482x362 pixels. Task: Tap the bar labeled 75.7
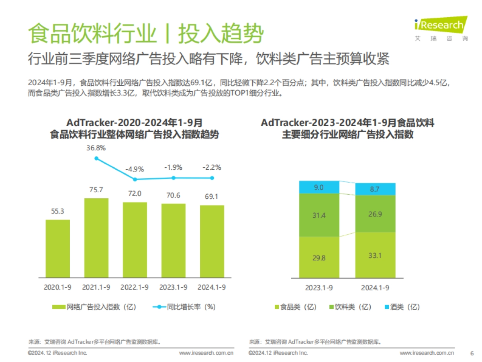point(96,237)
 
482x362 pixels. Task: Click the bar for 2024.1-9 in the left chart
point(212,241)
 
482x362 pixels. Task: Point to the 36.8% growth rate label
point(96,148)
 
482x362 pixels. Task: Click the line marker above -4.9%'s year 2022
point(135,179)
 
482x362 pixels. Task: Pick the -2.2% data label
point(212,167)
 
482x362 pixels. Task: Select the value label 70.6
point(174,195)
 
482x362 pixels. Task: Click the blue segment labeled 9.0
point(319,187)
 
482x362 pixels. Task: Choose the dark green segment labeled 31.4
point(319,215)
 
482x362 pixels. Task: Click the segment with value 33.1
point(375,255)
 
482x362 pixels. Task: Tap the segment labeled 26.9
point(375,214)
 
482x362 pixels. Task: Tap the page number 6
point(472,353)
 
